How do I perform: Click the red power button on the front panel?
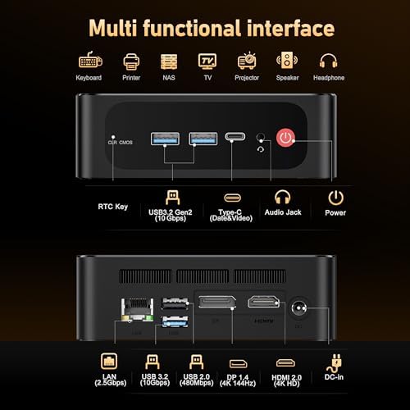click(x=285, y=139)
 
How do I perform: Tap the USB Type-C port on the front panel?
click(x=234, y=139)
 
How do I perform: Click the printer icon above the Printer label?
click(x=130, y=61)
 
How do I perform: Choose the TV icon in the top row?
click(x=208, y=61)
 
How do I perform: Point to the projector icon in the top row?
click(x=247, y=61)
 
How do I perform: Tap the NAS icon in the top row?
click(x=169, y=61)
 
